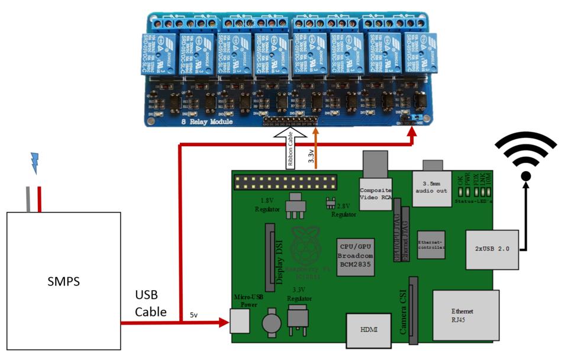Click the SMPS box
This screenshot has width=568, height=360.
click(63, 280)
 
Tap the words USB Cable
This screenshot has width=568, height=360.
click(150, 303)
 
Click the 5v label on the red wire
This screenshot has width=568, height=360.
click(195, 315)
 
